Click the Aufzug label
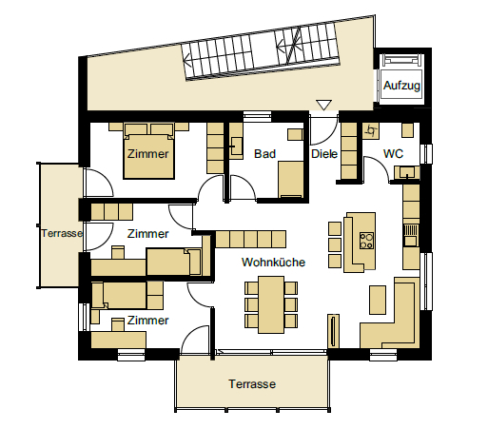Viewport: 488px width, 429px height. [401, 86]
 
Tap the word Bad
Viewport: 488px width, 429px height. [264, 154]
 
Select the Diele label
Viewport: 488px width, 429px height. [324, 154]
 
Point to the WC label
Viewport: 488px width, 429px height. [393, 154]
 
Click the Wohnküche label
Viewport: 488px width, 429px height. [273, 263]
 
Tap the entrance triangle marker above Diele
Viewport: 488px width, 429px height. [323, 105]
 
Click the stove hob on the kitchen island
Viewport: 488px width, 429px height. [366, 241]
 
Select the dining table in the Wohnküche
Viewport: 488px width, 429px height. [271, 304]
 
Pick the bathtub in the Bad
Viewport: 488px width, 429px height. [291, 180]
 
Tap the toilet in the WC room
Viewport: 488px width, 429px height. [371, 130]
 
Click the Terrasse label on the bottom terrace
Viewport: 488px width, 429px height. [252, 384]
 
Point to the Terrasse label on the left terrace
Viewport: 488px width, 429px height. [62, 233]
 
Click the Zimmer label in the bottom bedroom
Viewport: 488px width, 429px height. [147, 321]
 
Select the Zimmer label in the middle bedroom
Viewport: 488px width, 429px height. [147, 234]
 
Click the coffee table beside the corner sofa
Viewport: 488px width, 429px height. [378, 300]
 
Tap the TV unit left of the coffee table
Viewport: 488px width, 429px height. [333, 331]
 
